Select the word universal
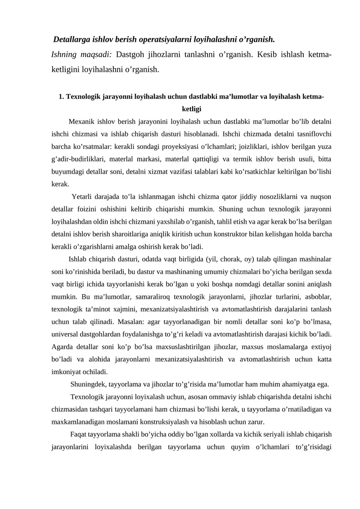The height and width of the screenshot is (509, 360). click(65, 335)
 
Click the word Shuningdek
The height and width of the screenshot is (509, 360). click(89, 384)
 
